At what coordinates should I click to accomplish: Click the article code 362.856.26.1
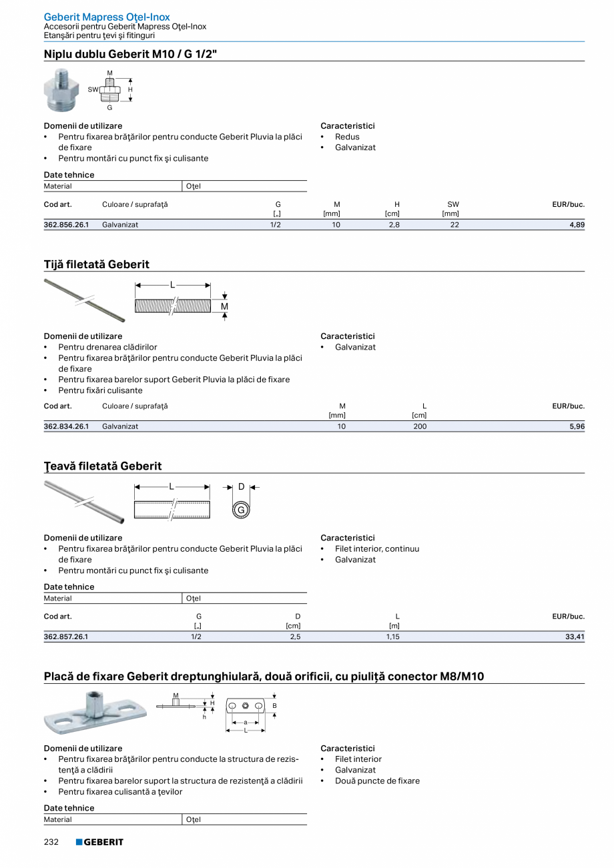coord(66,225)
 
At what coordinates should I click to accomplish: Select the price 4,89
coord(576,225)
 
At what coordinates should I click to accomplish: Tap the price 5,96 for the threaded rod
coord(577,426)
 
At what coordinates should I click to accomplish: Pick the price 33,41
coord(575,637)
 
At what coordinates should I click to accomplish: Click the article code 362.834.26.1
coord(66,426)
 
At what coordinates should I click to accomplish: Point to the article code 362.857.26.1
coord(66,637)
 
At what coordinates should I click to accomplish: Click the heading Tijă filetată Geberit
coord(97,264)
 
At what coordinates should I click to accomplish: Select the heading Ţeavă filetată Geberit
coord(103,466)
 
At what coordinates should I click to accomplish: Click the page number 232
coord(51,842)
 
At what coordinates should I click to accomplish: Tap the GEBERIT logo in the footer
coord(99,842)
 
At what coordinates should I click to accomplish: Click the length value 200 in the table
coord(419,426)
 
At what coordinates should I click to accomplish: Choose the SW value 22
coord(454,225)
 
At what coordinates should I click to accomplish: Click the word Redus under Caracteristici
coord(347,137)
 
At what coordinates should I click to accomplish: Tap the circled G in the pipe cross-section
coord(241,510)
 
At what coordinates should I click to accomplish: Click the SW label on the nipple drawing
coord(93,89)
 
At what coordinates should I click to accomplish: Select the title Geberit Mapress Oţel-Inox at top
coord(107,17)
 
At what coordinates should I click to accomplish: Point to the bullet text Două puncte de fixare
coord(377,781)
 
